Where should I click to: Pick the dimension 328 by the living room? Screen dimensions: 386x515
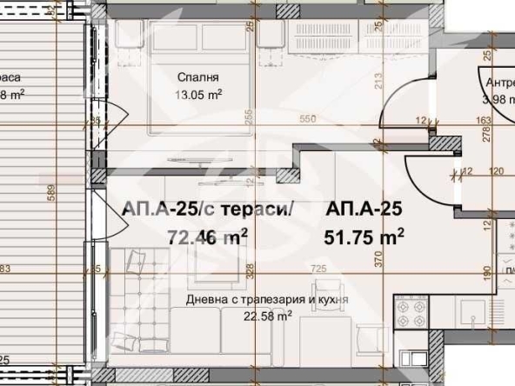click(x=249, y=271)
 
